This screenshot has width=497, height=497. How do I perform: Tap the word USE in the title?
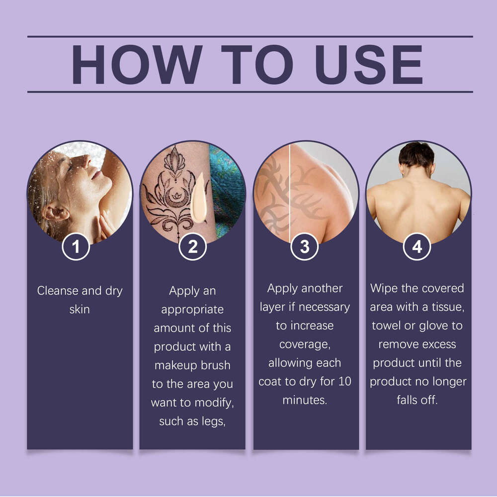(x=369, y=64)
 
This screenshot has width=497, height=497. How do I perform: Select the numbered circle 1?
(x=76, y=247)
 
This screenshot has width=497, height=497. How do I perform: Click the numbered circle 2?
(x=192, y=247)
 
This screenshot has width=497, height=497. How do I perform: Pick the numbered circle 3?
(x=304, y=247)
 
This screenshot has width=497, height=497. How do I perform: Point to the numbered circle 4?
(x=417, y=247)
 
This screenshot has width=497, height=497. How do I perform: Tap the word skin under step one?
(x=80, y=309)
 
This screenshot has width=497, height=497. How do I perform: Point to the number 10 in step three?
(x=344, y=381)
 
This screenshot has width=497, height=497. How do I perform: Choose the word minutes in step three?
(x=304, y=400)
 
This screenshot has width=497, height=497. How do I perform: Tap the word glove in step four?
(x=433, y=326)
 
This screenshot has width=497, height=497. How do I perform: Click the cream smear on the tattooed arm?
(x=198, y=198)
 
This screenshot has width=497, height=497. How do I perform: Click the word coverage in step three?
(x=305, y=344)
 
